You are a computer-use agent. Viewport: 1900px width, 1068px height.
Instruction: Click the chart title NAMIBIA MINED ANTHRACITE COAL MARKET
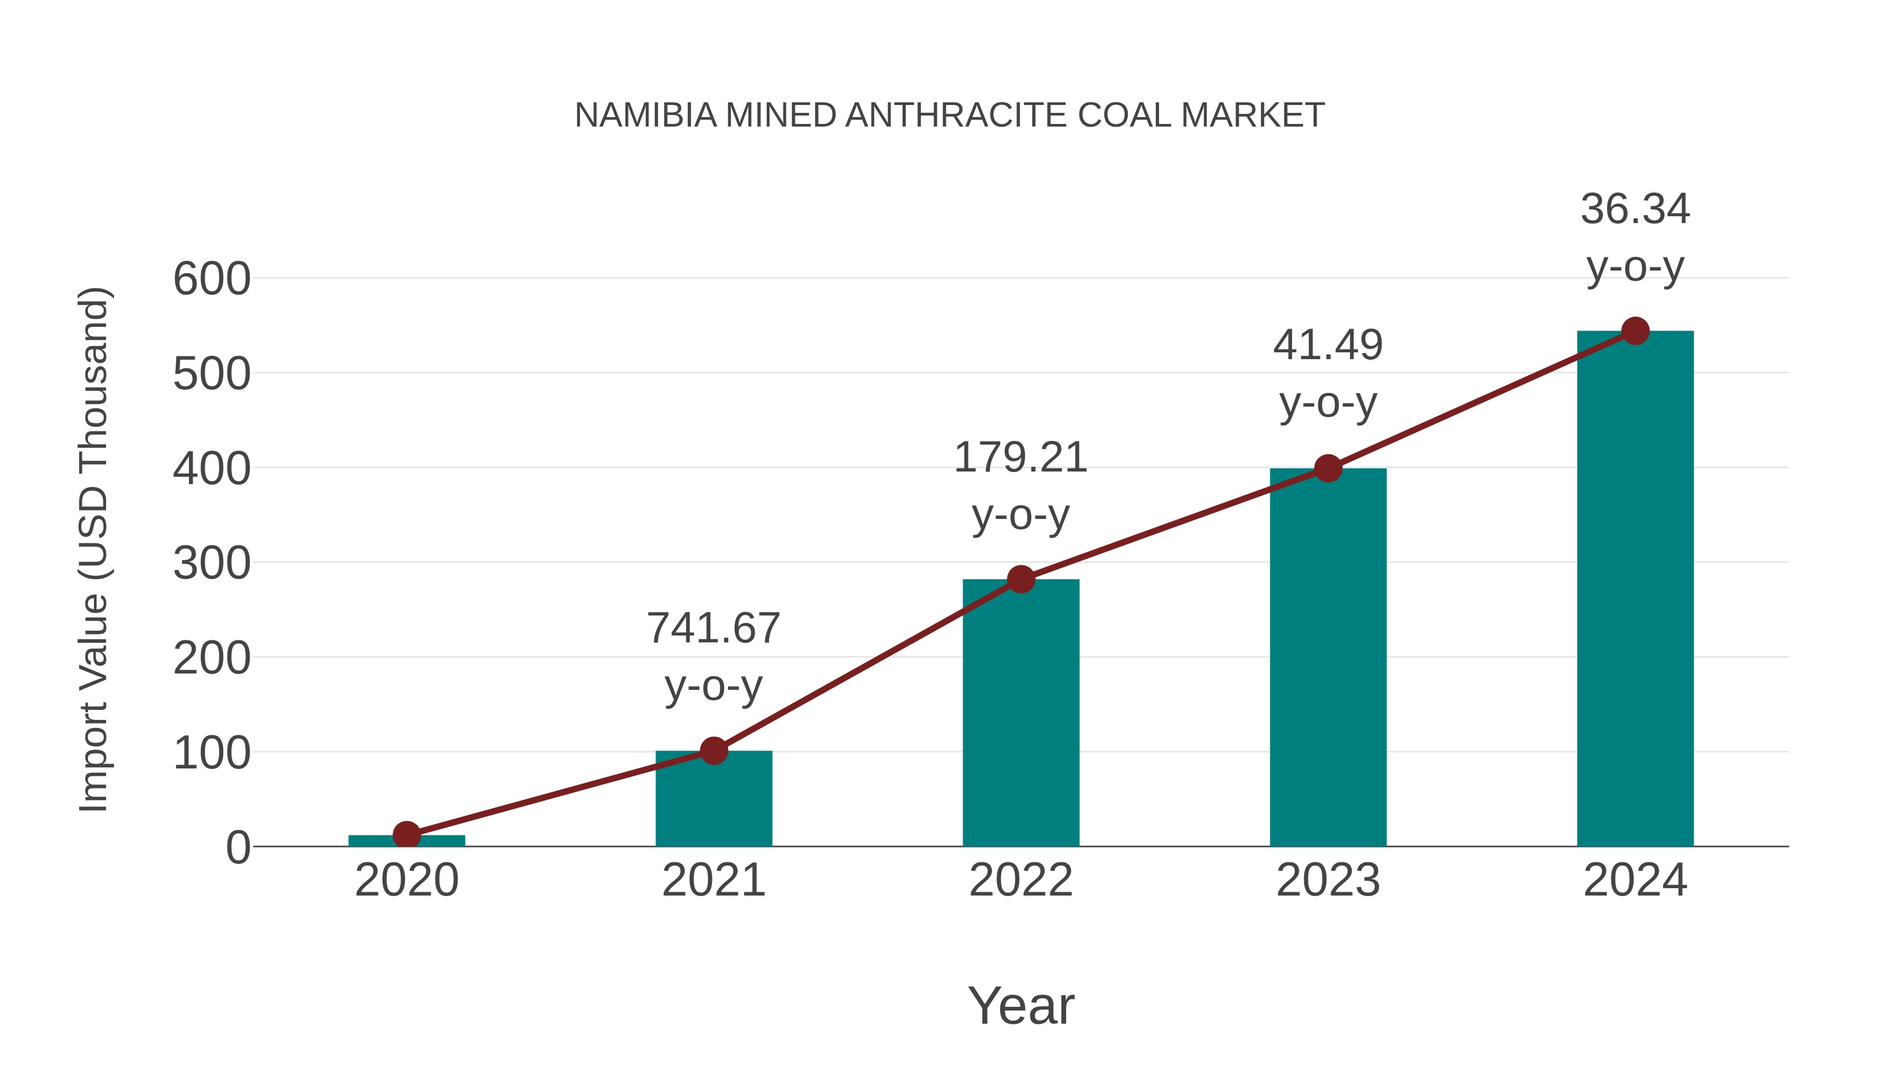[949, 116]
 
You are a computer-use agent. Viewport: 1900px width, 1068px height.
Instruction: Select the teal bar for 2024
[1635, 590]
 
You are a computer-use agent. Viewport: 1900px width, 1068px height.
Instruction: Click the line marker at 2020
[406, 835]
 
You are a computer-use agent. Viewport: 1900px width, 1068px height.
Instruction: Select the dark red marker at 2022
[1021, 579]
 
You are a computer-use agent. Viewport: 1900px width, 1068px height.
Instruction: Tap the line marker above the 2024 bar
[1635, 331]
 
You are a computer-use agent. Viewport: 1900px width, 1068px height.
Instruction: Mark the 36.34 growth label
[1635, 237]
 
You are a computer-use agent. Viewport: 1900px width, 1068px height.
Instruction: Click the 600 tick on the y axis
[212, 280]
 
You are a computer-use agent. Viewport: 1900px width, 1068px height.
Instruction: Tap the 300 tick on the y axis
[212, 564]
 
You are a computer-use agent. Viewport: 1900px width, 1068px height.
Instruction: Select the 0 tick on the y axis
[237, 848]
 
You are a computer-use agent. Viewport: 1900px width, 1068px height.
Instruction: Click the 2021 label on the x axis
[713, 880]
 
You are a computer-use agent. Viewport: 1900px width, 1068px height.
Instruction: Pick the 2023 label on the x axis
[1328, 880]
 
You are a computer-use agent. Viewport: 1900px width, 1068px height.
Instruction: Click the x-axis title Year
[1021, 1005]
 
